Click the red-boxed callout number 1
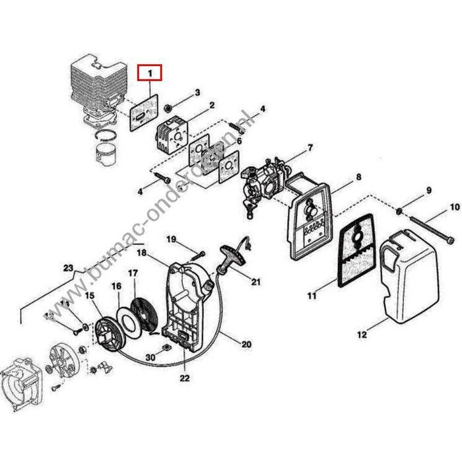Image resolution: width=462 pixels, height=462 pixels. tap(150, 71)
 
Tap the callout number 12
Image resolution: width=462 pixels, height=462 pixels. tap(362, 336)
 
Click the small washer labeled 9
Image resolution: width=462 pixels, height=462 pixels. tap(400, 211)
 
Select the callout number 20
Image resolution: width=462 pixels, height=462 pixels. tap(247, 344)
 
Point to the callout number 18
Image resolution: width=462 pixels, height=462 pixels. tap(141, 252)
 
